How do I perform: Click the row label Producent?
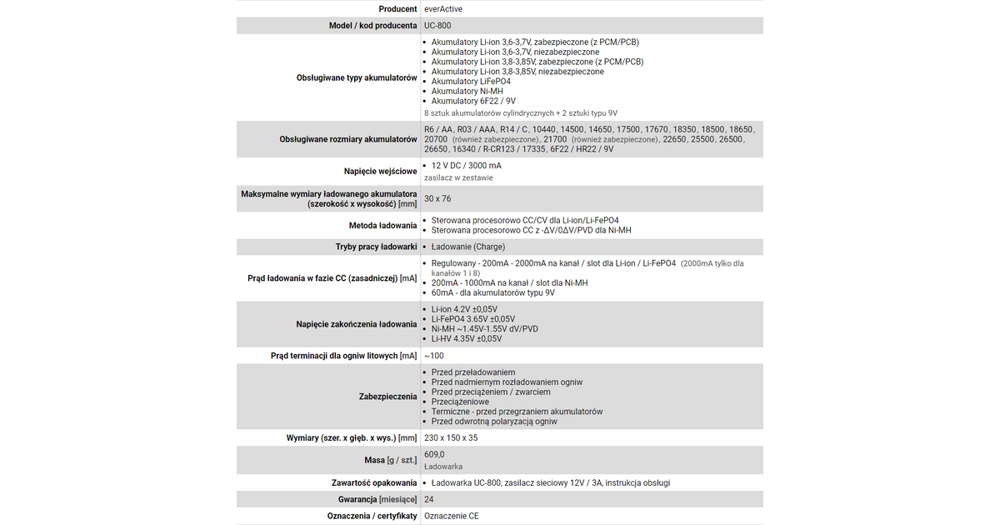(x=397, y=9)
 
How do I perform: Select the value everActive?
(x=443, y=9)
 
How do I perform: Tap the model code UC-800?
(x=437, y=26)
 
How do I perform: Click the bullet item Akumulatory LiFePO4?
(x=471, y=82)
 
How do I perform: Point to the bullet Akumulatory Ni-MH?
(x=467, y=92)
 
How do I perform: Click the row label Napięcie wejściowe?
(x=380, y=172)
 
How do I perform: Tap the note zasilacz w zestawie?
(x=458, y=177)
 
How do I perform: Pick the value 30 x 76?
(x=437, y=199)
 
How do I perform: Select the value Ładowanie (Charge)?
(x=467, y=247)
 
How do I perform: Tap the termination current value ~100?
(x=434, y=356)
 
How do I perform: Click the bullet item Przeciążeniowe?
(x=460, y=402)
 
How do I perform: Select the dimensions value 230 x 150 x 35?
(x=451, y=437)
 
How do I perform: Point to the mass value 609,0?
(x=434, y=454)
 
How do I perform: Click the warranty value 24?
(x=429, y=499)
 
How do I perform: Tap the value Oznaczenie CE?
(x=452, y=516)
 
